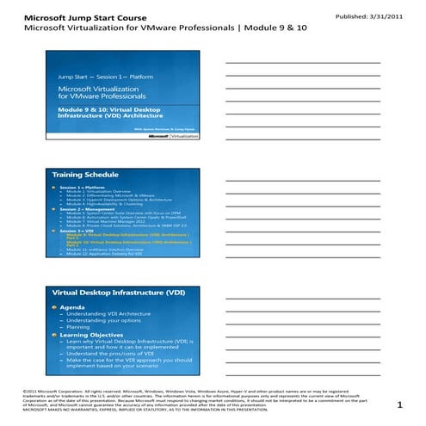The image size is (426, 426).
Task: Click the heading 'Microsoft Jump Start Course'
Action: tap(78, 16)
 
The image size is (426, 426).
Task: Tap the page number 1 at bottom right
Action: tap(399, 404)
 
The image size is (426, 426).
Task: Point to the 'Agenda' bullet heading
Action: tap(72, 308)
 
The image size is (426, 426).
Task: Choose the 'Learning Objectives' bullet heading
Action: tap(92, 333)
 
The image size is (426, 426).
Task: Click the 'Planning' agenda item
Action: tap(79, 327)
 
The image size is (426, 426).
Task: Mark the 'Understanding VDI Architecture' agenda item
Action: tap(108, 315)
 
